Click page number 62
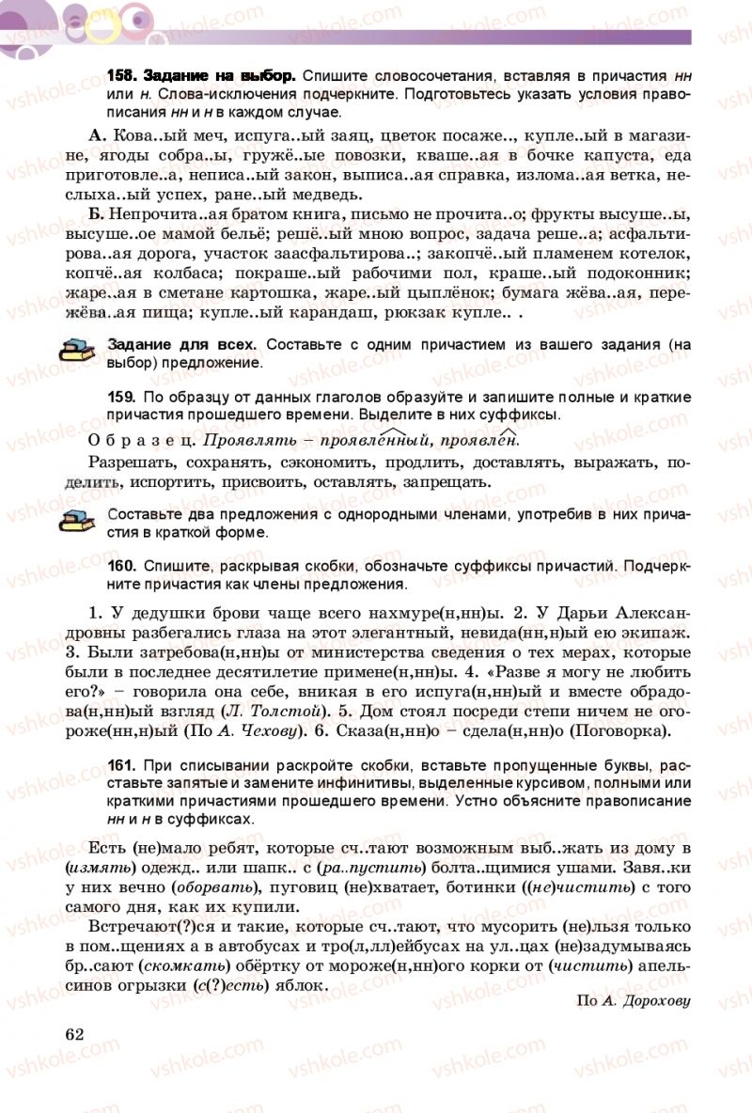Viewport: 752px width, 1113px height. coord(74,1034)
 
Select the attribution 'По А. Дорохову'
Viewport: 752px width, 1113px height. coord(634,1000)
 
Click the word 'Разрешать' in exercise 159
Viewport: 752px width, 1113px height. coord(128,462)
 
